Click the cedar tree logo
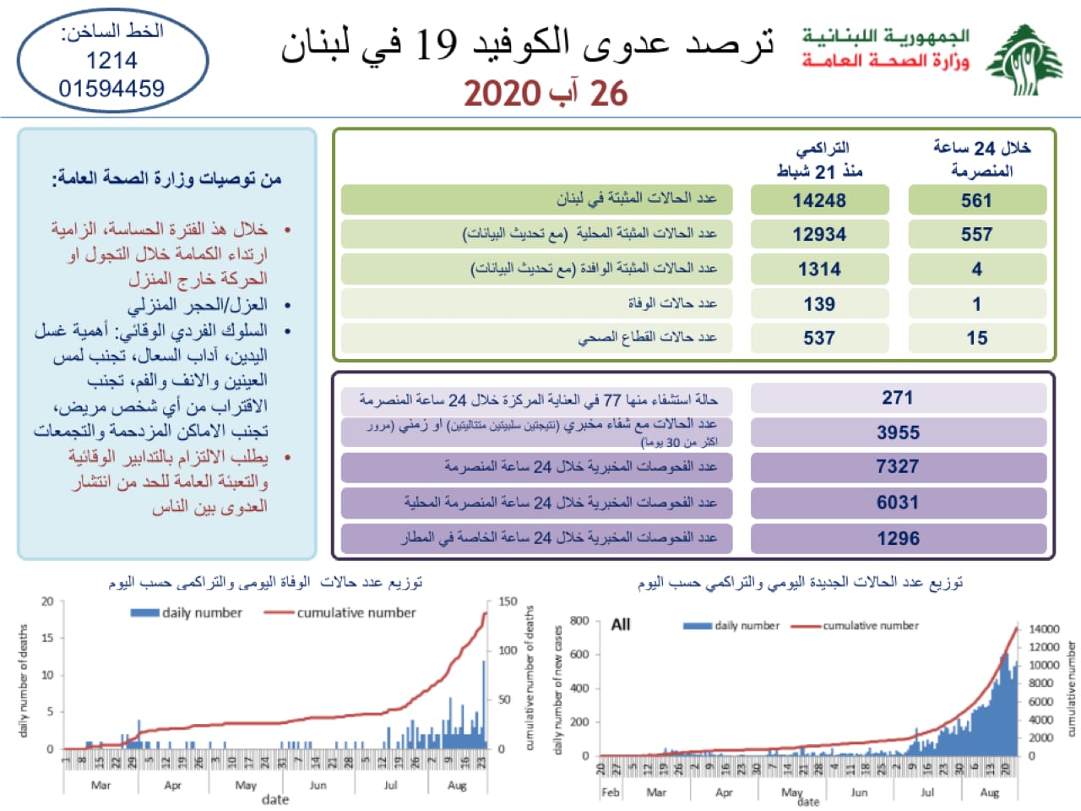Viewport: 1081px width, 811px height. pyautogui.click(x=1024, y=59)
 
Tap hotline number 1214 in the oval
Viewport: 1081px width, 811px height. pyautogui.click(x=111, y=60)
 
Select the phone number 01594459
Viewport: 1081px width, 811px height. pyautogui.click(x=111, y=88)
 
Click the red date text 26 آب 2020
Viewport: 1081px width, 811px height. pyautogui.click(x=546, y=93)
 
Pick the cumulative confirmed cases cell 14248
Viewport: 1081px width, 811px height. pyautogui.click(x=819, y=200)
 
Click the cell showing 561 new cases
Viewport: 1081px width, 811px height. pyautogui.click(x=976, y=200)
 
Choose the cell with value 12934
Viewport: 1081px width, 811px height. pyautogui.click(x=819, y=234)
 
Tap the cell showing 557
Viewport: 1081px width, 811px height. pyautogui.click(x=976, y=234)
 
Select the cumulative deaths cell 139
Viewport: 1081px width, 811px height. pyautogui.click(x=819, y=303)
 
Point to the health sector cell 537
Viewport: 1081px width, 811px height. pyautogui.click(x=819, y=338)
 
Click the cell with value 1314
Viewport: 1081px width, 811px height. pyautogui.click(x=819, y=269)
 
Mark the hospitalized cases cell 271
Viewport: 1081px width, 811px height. pyautogui.click(x=898, y=398)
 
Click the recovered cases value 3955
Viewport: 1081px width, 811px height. pyautogui.click(x=898, y=433)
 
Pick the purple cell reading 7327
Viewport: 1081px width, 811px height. pyautogui.click(x=898, y=466)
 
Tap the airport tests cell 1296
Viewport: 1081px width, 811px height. pyautogui.click(x=898, y=538)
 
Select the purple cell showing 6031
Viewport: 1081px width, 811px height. pyautogui.click(x=898, y=503)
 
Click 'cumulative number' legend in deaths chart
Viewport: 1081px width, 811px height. pyautogui.click(x=356, y=612)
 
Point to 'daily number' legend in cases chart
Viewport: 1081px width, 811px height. pyautogui.click(x=747, y=626)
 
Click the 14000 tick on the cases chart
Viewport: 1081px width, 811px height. pyautogui.click(x=1044, y=629)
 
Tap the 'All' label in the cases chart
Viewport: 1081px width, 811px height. pyautogui.click(x=621, y=624)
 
